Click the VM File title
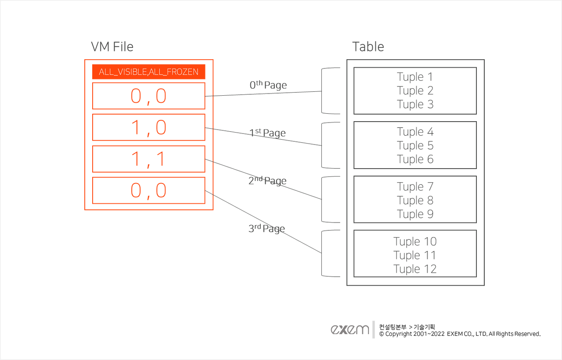[112, 47]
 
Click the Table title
[368, 47]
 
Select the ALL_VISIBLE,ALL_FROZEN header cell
[148, 72]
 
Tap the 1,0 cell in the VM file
[148, 127]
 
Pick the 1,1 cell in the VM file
[148, 159]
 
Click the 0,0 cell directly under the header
[148, 96]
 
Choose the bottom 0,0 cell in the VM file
[148, 191]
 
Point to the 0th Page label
[268, 85]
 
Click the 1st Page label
[267, 133]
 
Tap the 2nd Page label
[267, 180]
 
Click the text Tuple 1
[415, 77]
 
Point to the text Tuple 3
[415, 104]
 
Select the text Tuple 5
[415, 145]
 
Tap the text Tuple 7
[415, 187]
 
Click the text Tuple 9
[415, 214]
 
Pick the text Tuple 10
[415, 241]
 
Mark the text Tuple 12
[415, 269]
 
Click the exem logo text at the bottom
[350, 330]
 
